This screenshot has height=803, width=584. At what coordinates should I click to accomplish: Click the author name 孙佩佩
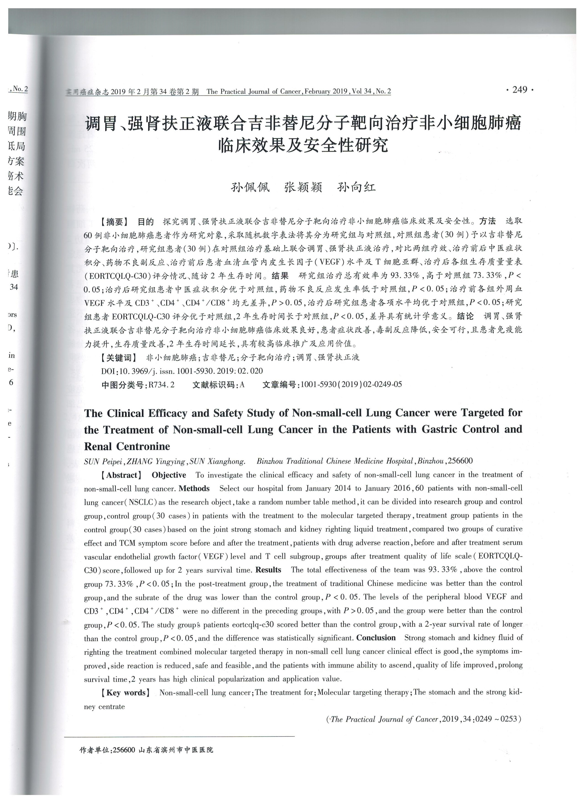point(250,187)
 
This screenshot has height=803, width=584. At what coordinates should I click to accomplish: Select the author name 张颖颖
point(303,187)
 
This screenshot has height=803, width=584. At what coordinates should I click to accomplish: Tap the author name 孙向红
point(357,187)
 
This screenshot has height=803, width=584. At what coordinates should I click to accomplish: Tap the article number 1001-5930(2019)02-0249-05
point(351,384)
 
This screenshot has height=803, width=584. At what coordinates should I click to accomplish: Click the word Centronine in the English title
point(143,446)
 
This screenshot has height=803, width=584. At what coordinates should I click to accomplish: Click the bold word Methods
point(194,489)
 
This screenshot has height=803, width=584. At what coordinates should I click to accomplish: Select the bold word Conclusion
point(376,638)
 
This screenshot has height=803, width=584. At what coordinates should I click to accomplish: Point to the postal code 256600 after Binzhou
point(460,461)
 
